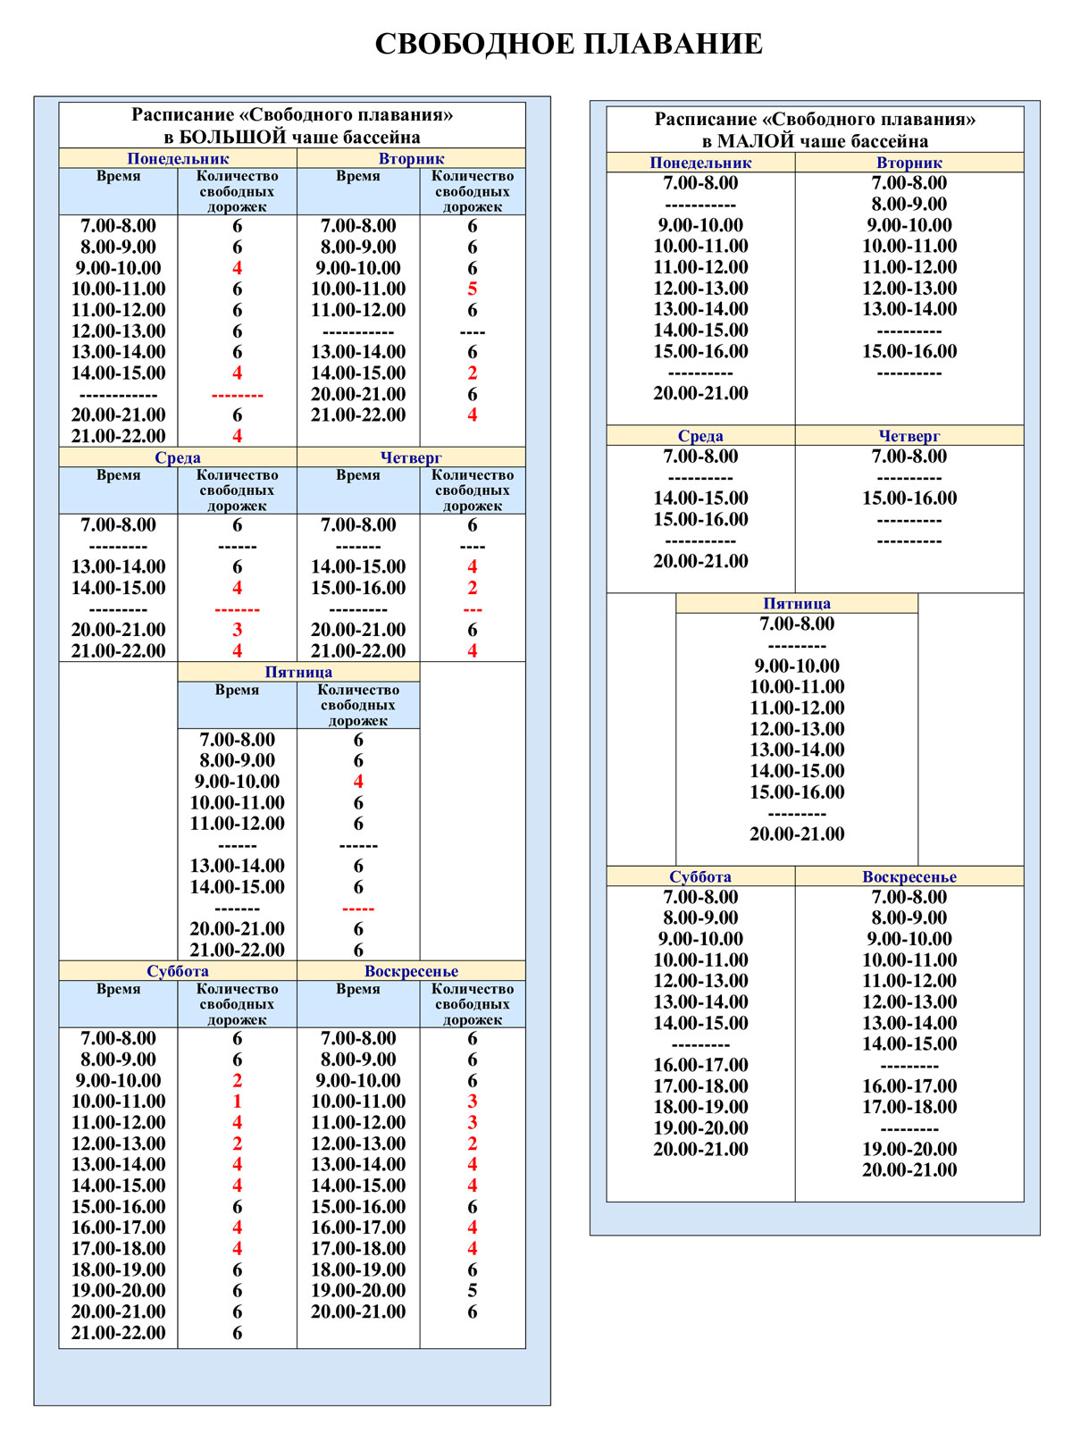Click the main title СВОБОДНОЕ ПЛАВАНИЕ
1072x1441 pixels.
click(x=568, y=44)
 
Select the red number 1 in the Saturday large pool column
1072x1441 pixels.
click(x=237, y=1102)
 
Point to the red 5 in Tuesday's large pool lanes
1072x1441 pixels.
click(x=472, y=289)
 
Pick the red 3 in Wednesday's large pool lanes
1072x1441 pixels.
click(x=237, y=630)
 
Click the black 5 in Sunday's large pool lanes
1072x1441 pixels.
click(x=472, y=1291)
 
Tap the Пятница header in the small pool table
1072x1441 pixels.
click(x=796, y=603)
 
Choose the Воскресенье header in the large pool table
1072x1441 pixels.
click(x=411, y=971)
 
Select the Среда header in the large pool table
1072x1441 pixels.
click(x=177, y=457)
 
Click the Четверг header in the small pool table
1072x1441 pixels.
click(x=909, y=436)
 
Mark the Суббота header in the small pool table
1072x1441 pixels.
click(x=700, y=876)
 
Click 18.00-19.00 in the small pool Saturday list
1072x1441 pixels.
click(x=700, y=1107)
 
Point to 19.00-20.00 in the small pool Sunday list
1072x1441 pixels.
click(x=909, y=1149)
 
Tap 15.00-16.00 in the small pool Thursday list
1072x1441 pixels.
click(x=909, y=498)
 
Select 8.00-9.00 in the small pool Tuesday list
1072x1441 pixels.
click(x=909, y=204)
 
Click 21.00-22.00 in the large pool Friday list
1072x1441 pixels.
click(x=237, y=951)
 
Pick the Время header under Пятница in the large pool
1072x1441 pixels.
click(x=237, y=690)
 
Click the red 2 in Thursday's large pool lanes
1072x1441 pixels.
click(x=472, y=588)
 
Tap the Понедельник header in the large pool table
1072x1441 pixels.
click(x=177, y=159)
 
